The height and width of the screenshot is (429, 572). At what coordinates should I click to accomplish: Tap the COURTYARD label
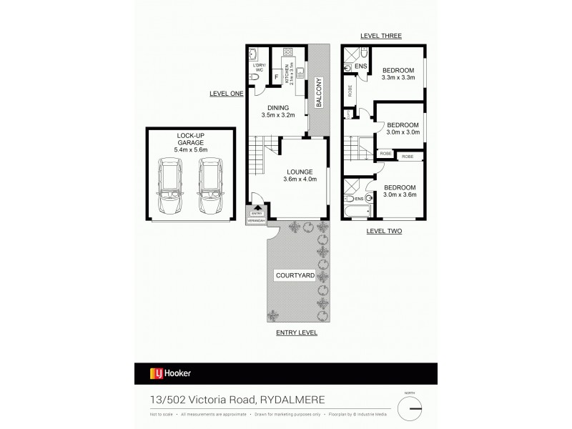coord(294,275)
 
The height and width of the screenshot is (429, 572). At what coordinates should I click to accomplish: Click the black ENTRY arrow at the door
coord(257,208)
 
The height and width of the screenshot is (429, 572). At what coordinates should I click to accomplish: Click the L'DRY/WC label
coord(258,69)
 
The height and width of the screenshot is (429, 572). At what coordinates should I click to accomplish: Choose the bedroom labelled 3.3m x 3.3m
coord(398,73)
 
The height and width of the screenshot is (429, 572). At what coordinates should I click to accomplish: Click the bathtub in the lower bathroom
coord(355,212)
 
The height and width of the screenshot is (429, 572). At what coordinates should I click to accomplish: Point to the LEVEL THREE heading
coord(382,36)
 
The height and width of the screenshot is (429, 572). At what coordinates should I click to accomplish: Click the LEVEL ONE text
coord(227,94)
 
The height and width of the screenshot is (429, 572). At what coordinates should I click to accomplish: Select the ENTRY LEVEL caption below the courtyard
coord(296,333)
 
